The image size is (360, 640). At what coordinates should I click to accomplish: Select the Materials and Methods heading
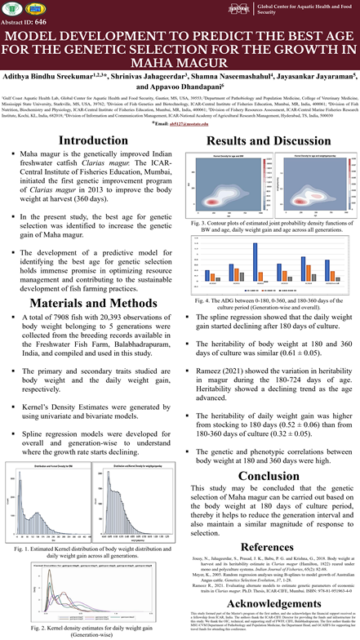coord(89,279)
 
